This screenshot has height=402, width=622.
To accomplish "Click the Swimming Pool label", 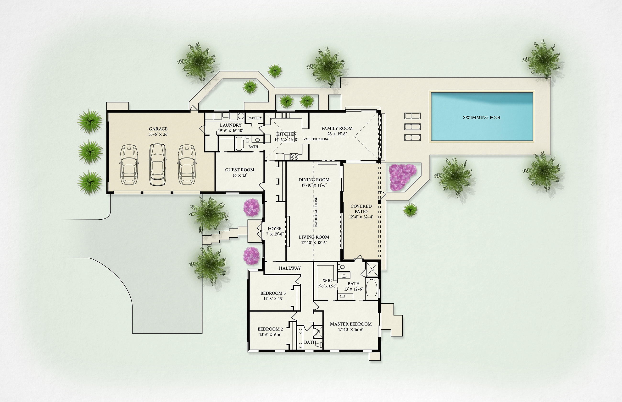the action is (x=482, y=117).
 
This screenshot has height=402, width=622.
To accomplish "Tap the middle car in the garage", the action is (x=157, y=165).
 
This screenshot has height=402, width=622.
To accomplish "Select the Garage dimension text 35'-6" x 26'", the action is (x=158, y=134).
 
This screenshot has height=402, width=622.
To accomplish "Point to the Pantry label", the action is (x=255, y=118).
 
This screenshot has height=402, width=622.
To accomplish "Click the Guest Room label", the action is (x=239, y=170).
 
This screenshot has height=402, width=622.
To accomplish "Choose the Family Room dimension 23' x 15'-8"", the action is (x=337, y=134).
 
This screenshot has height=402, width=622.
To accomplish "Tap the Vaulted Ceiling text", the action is (x=316, y=139).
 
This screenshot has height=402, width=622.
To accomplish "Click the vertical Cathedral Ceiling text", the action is (x=316, y=212).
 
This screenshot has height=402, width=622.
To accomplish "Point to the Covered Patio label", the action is (x=361, y=209).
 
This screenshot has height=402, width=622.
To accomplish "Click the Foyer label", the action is (x=275, y=228).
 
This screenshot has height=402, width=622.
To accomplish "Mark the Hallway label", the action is (x=290, y=268).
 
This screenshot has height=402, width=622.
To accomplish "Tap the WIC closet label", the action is (x=327, y=280).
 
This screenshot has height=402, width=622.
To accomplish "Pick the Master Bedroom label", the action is (x=350, y=324).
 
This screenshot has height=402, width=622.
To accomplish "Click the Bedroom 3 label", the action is (x=273, y=293).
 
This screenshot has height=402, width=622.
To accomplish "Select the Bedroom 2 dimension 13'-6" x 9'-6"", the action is (x=270, y=334).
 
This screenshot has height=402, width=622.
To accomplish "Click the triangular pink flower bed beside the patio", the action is (x=402, y=177).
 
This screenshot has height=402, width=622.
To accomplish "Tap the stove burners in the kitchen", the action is (x=294, y=157).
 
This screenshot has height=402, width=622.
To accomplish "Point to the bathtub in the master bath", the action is (x=371, y=288).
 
